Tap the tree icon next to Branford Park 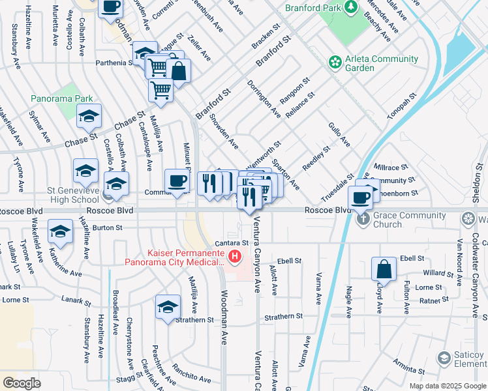tap(352, 7)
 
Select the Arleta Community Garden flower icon tap(335, 63)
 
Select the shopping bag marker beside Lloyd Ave tap(384, 268)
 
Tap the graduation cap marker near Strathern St tap(167, 307)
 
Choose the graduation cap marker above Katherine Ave tap(61, 232)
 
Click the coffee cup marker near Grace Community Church tap(360, 197)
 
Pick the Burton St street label tap(108, 227)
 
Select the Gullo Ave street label tap(339, 134)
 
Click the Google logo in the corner tap(22, 383)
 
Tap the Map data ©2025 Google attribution tap(447, 386)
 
